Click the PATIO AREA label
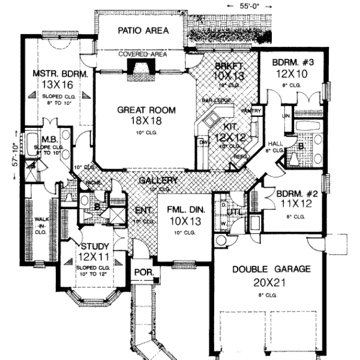click(x=143, y=30)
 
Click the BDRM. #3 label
click(x=290, y=61)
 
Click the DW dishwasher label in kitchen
click(x=203, y=142)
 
